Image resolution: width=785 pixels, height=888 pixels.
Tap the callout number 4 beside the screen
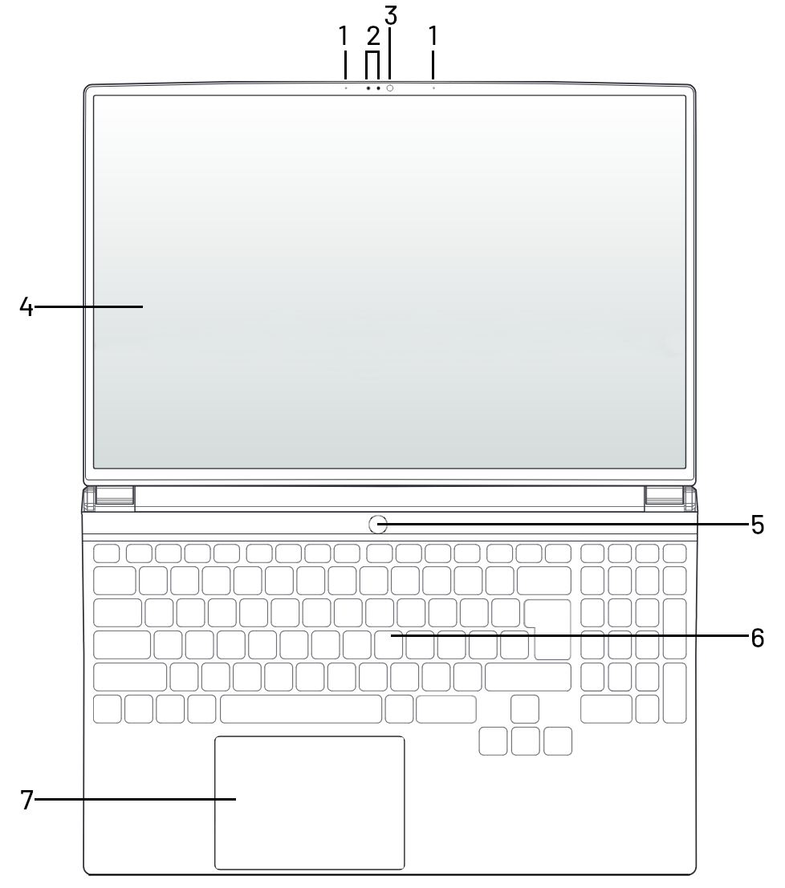coord(26,307)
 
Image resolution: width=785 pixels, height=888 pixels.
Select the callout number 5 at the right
coord(757,525)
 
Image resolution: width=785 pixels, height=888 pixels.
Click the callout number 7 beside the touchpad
coord(26,800)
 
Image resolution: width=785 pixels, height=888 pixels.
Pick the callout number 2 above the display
coord(372,36)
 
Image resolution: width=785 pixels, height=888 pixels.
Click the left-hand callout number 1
coord(344,36)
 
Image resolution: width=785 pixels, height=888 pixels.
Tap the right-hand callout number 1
coord(433,36)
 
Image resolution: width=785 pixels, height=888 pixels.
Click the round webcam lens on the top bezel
coord(390,87)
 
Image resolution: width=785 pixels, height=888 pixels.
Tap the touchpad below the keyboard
coord(310,803)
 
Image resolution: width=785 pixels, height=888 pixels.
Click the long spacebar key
coord(301,709)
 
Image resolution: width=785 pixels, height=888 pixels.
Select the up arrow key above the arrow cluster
coord(525,709)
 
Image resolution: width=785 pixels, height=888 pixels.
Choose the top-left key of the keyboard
coord(107,553)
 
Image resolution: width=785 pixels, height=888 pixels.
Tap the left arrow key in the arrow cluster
coord(493,741)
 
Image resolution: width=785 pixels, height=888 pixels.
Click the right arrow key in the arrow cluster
coord(558,741)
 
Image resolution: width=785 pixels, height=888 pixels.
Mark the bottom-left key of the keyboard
coord(108,709)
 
